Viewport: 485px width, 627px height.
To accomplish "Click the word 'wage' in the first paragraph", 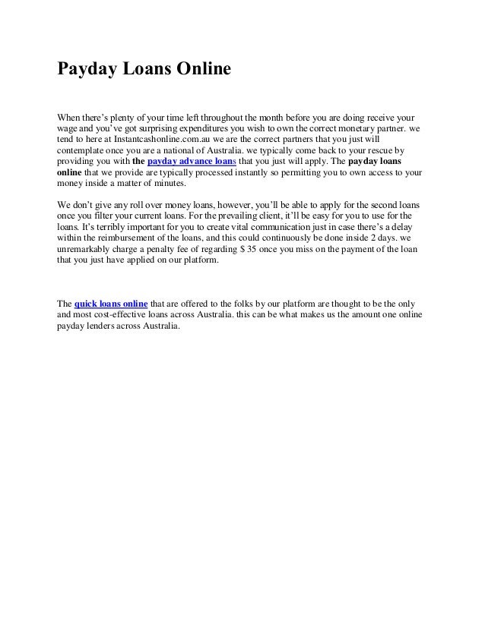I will (x=69, y=130).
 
